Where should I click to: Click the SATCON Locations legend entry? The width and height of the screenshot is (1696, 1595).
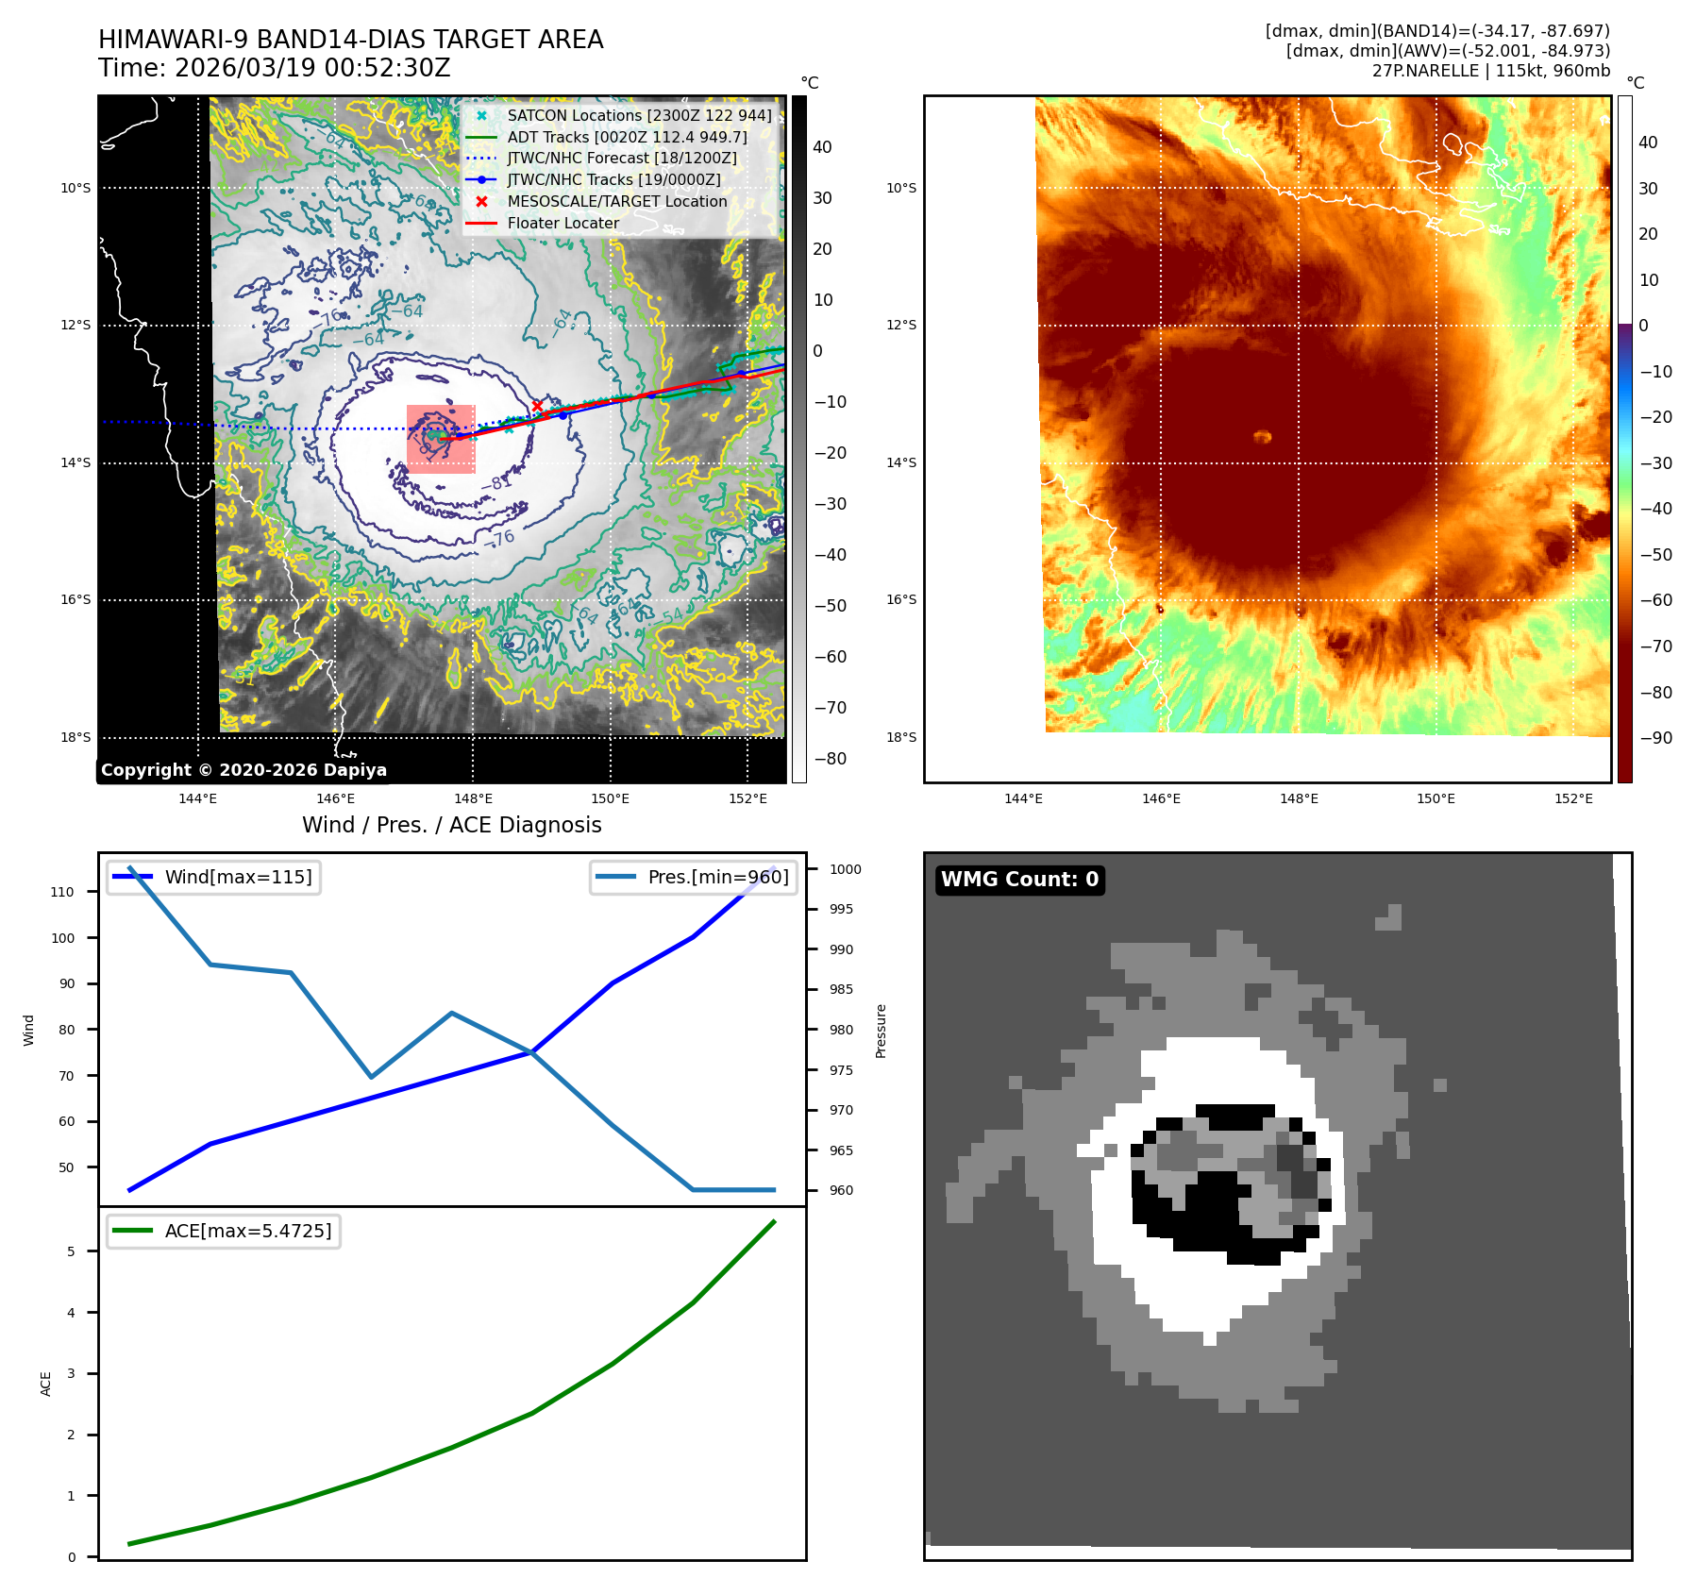[x=639, y=115]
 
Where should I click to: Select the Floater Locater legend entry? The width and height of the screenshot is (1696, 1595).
[x=563, y=224]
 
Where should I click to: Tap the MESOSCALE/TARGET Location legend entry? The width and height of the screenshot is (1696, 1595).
[x=616, y=202]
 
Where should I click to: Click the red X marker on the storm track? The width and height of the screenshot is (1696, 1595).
[x=537, y=406]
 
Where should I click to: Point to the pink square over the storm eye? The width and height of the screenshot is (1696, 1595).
[x=441, y=439]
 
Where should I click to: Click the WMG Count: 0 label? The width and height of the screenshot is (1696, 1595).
[x=1019, y=880]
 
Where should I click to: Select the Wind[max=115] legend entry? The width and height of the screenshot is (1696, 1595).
[x=238, y=878]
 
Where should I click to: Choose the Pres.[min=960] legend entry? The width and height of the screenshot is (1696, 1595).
[x=717, y=878]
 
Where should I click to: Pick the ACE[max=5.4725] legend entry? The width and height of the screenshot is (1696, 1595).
[x=247, y=1232]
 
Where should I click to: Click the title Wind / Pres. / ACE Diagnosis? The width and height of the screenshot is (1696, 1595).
[x=451, y=826]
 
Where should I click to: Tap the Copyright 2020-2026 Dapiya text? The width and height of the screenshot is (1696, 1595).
[x=243, y=770]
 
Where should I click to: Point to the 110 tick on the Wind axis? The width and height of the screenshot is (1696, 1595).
[x=62, y=892]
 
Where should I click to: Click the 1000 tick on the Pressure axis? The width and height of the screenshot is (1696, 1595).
[x=845, y=869]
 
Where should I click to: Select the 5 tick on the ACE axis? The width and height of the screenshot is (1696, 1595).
[x=71, y=1251]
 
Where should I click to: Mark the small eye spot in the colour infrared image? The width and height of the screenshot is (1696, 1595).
[x=1262, y=436]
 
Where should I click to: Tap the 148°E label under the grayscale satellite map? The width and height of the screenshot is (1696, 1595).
[x=473, y=799]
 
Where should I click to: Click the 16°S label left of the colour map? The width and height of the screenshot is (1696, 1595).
[x=900, y=600]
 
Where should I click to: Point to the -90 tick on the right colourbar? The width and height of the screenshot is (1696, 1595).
[x=1655, y=738]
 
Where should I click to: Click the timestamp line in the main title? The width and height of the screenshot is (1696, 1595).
[x=274, y=69]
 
